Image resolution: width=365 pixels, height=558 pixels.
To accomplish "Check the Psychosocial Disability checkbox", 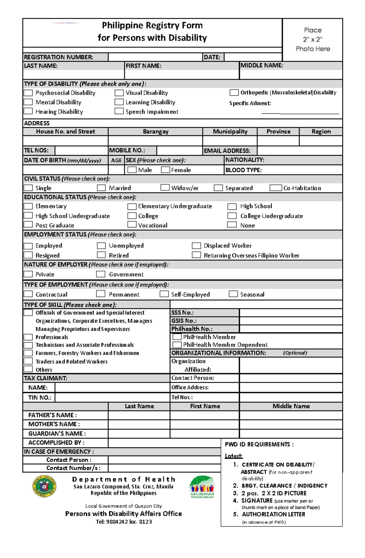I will [28, 93].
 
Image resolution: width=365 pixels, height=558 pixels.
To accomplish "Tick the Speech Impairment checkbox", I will [119, 111].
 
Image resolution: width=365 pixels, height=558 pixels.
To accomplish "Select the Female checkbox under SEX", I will [165, 170].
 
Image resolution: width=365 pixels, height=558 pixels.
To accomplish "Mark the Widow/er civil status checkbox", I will [165, 188].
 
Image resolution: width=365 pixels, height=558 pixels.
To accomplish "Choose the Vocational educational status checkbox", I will [132, 225].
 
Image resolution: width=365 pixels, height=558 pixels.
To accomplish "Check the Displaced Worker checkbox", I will [196, 245].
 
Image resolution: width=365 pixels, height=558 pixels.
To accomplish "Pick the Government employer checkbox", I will [101, 274].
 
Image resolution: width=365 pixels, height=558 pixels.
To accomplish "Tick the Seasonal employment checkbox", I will [233, 294].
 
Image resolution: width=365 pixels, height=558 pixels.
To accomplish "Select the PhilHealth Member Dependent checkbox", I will [177, 345].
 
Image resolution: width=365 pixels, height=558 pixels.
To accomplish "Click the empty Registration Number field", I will [155, 57].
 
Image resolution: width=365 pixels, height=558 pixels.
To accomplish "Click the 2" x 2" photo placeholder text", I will [312, 39].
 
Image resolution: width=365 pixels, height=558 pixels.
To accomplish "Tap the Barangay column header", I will [155, 131].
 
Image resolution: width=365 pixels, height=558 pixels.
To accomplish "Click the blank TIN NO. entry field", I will [112, 397].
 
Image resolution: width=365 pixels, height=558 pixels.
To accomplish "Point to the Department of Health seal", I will [44, 486].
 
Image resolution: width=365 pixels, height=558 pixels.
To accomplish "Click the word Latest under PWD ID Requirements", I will [234, 456].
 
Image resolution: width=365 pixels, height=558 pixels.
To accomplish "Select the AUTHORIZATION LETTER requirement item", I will [273, 514].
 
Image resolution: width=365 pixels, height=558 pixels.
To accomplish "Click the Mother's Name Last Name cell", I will [139, 424].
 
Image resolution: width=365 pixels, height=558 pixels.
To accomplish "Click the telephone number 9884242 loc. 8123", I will [124, 522].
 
